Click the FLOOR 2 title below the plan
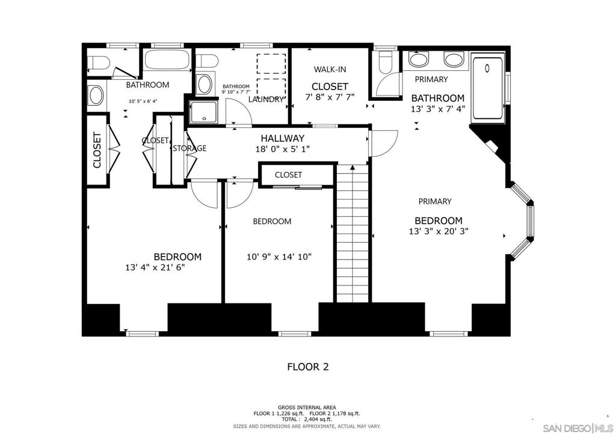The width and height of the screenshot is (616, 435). tap(307, 367)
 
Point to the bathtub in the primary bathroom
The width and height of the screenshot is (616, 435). tap(488, 88)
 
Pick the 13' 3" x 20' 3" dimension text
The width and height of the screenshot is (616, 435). tap(438, 231)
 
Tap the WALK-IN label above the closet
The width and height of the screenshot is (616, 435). tap(329, 70)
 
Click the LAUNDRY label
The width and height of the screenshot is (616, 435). tap(266, 99)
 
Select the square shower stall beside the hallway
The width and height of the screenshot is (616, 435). tap(203, 112)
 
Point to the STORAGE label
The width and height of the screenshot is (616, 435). tap(189, 148)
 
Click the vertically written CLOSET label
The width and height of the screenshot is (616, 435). tap(96, 150)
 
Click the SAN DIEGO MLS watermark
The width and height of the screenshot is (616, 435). tap(576, 428)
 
